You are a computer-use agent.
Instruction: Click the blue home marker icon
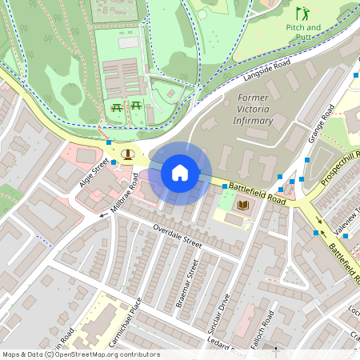[180, 173]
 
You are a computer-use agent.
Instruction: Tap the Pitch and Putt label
[302, 31]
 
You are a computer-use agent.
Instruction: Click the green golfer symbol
[302, 13]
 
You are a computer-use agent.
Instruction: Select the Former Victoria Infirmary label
[256, 110]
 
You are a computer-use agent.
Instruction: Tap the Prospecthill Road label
[339, 166]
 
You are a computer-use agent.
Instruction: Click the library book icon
[243, 206]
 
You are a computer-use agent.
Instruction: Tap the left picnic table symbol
[117, 106]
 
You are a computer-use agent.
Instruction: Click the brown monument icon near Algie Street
[126, 154]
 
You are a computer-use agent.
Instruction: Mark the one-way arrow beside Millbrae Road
[103, 214]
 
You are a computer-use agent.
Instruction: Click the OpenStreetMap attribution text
[80, 354]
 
